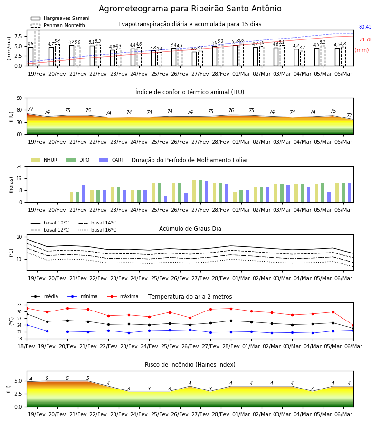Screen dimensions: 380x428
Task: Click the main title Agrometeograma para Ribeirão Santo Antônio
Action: coord(190,9)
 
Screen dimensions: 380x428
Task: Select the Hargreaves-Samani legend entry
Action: coord(60,18)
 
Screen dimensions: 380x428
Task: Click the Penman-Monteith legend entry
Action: coord(58,25)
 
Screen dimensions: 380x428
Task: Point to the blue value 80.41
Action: coord(365,27)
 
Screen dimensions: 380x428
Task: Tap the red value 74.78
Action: coord(365,39)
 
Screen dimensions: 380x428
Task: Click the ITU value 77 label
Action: coord(31,109)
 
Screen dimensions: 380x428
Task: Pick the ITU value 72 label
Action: coord(349,115)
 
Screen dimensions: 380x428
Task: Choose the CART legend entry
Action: coord(112,160)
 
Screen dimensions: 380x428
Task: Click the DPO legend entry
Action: coord(78,160)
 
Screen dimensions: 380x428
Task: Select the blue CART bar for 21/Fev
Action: coord(84,194)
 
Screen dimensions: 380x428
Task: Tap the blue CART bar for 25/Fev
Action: coord(165,199)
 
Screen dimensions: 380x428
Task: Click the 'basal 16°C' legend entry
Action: coord(97,230)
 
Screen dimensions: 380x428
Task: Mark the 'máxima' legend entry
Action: coord(123,296)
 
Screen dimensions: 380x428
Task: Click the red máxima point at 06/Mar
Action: coord(353,325)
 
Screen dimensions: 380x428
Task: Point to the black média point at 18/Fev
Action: coord(27,314)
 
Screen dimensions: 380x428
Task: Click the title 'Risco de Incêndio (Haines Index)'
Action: coord(190,364)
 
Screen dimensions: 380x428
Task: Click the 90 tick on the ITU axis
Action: coord(19,98)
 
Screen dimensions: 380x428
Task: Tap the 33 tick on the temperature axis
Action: coord(19,305)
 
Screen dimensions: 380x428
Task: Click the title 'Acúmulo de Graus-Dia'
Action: coord(190,228)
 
